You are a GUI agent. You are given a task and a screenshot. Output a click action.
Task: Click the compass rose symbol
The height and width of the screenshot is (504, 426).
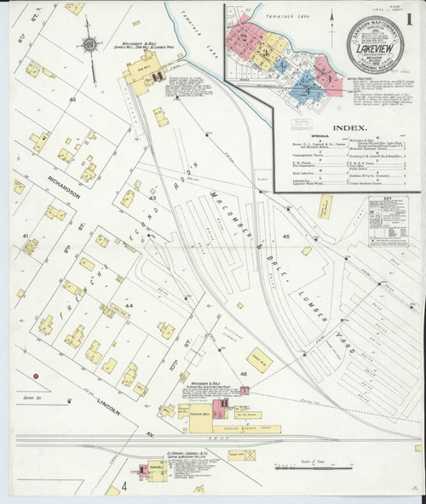(89, 44)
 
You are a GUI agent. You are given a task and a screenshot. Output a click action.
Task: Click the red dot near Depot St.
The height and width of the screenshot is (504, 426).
(36, 375)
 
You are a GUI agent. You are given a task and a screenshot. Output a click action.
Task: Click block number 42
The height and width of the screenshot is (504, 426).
(73, 100)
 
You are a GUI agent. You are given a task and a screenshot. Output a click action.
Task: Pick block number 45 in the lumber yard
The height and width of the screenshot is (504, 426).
(285, 236)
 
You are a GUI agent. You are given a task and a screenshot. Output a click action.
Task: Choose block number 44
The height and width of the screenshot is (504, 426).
(129, 304)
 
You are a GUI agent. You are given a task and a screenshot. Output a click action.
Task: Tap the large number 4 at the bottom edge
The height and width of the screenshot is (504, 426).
(123, 485)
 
